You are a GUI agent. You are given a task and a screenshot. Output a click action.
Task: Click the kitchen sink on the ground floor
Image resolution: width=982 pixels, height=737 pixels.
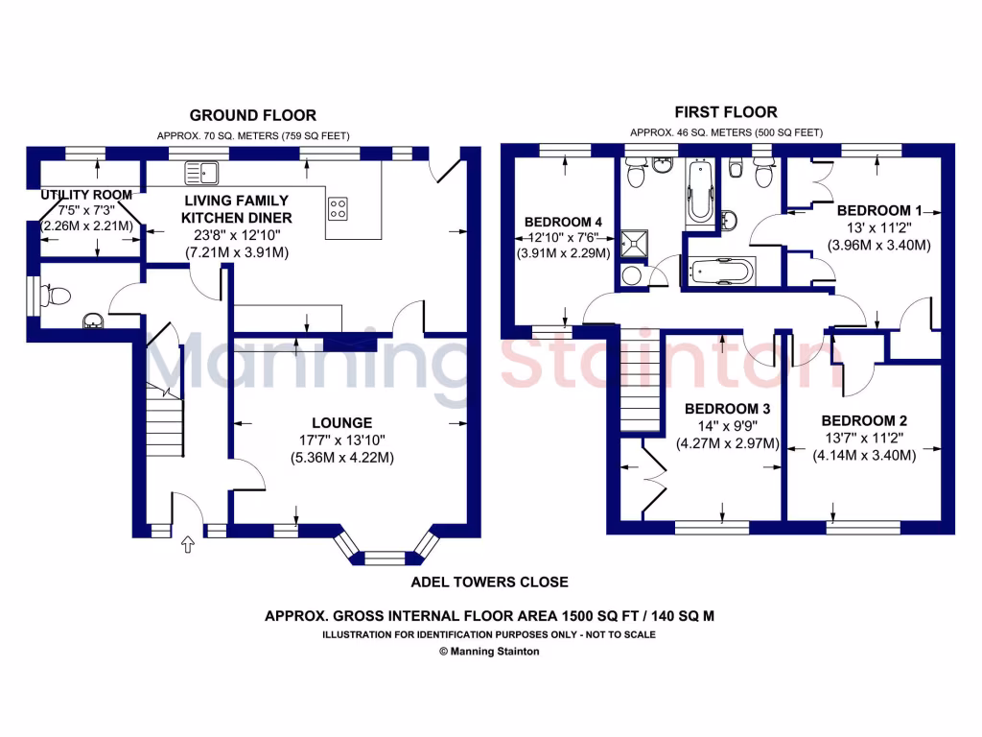(202, 173)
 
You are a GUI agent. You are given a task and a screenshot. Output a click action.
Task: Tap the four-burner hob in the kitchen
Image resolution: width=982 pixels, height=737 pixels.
(339, 208)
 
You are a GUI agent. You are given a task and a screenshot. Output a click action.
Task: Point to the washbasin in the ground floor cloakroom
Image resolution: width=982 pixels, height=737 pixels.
(94, 320)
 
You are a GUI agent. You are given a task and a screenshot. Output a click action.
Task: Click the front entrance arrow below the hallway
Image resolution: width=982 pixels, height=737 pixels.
(188, 545)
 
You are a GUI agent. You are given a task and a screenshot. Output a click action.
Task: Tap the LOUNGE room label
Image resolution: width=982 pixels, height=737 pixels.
(340, 423)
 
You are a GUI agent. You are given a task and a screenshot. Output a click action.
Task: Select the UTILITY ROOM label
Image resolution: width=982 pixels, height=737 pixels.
(85, 195)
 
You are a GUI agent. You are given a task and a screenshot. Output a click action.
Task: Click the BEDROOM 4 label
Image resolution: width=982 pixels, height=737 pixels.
(564, 221)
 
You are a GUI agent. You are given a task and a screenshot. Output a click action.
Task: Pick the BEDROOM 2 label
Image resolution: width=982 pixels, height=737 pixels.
(863, 421)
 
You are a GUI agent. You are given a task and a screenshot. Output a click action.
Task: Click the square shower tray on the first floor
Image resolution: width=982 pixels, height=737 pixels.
(634, 245)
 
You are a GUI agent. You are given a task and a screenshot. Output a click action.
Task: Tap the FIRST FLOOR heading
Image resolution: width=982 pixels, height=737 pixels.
(726, 112)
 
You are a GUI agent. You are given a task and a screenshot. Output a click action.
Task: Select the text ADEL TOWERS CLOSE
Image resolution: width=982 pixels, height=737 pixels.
(489, 582)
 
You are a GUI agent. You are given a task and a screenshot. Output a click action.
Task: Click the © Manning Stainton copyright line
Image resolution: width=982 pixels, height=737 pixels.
(489, 651)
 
